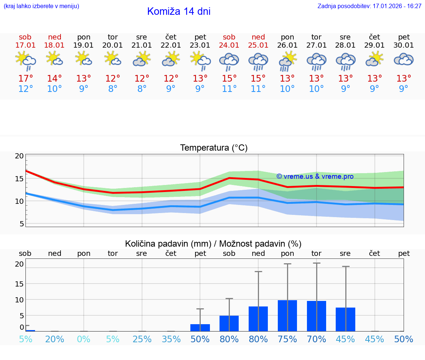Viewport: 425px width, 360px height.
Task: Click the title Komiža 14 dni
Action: point(179,11)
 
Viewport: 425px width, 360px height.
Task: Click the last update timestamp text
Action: point(369,6)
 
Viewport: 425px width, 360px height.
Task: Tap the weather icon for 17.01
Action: point(25,61)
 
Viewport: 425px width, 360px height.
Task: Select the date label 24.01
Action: point(229,45)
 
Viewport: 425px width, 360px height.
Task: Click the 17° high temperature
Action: point(25,79)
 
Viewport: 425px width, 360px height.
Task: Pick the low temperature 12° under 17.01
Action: point(25,89)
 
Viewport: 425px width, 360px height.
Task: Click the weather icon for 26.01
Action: point(287,61)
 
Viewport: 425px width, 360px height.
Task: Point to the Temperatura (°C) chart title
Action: point(214,148)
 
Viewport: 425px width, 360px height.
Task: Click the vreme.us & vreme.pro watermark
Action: point(315,176)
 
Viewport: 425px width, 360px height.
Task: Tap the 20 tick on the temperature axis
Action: point(19,156)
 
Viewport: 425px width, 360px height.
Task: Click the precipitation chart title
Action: point(213,244)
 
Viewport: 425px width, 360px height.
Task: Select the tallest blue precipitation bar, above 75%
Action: point(287,316)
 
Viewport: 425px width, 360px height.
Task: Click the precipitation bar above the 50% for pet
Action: point(200,328)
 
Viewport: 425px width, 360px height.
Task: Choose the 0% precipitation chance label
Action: point(84,339)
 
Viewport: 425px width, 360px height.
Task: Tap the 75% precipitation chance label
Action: point(287,339)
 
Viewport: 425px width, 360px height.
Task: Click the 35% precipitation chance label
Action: point(171,339)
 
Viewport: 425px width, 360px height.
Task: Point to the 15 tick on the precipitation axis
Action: point(19,284)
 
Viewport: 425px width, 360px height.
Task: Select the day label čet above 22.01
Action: point(171,37)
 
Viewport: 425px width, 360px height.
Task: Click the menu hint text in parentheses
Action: point(41,6)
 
